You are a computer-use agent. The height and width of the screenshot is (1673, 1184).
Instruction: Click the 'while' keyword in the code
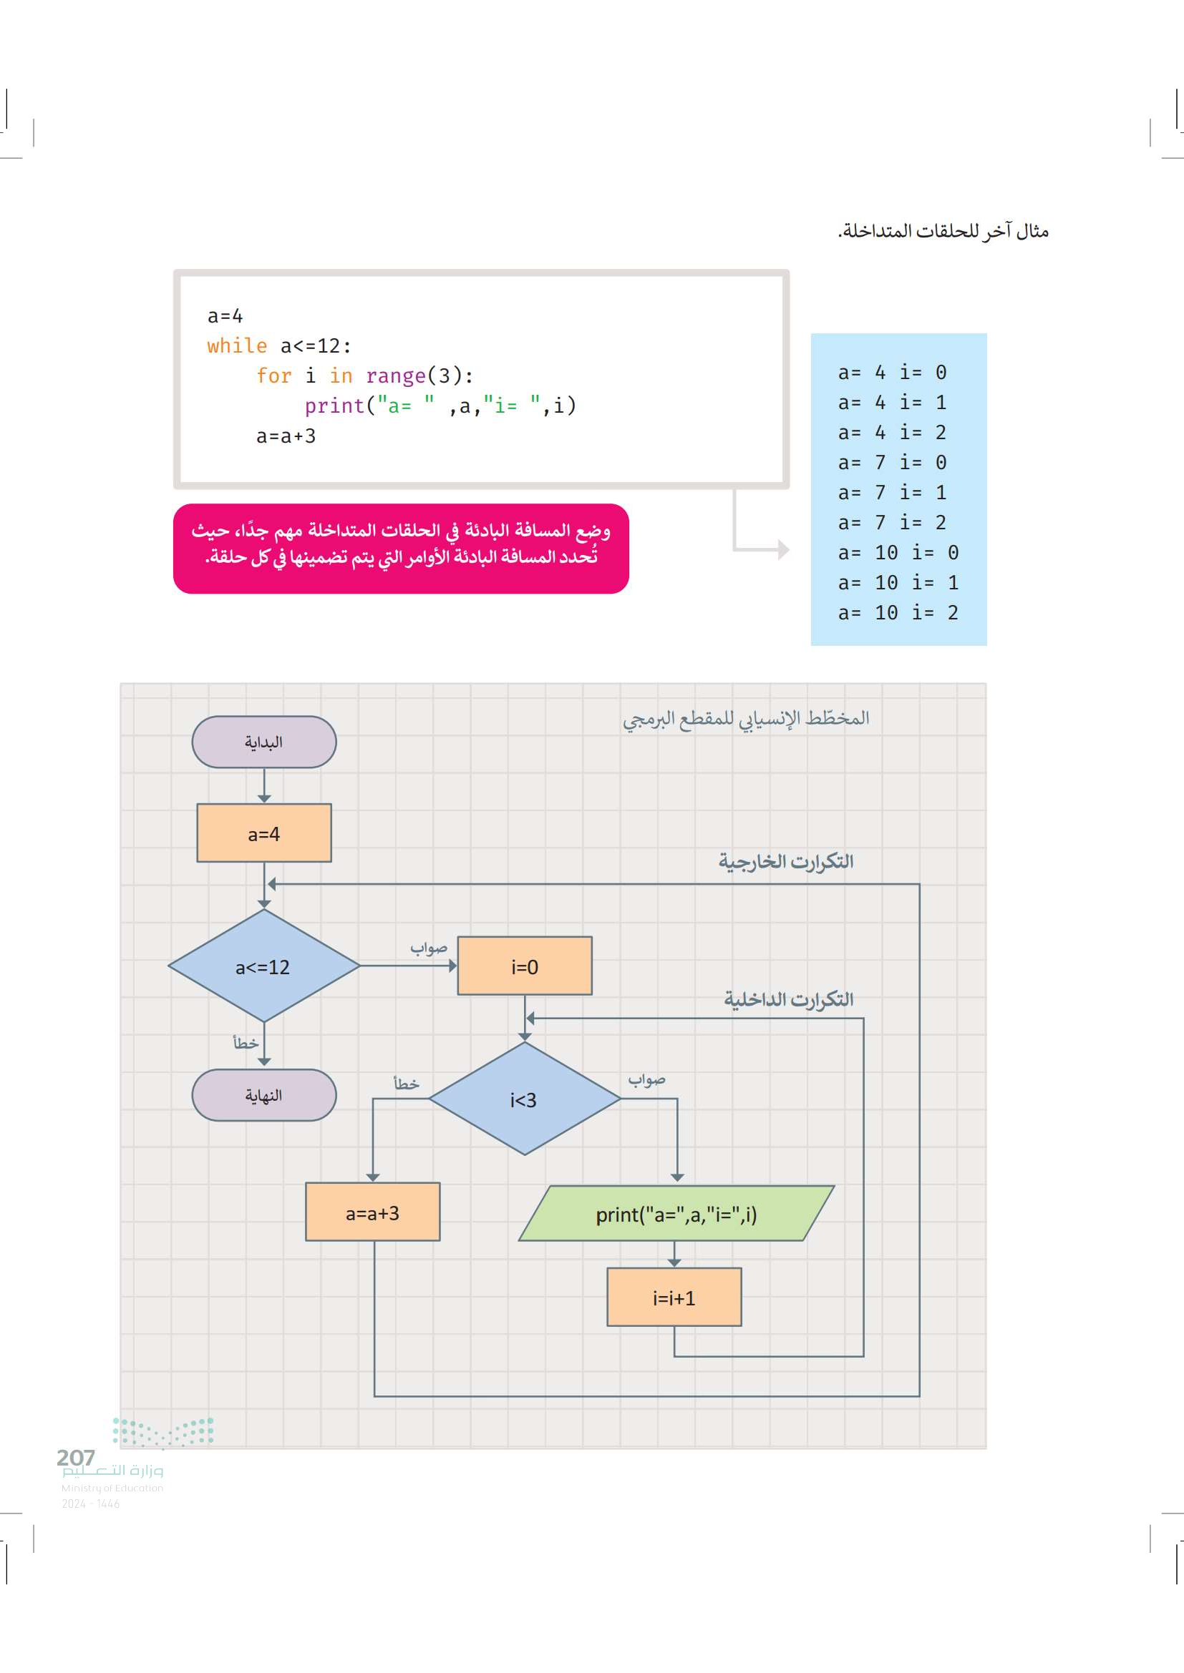[x=237, y=345]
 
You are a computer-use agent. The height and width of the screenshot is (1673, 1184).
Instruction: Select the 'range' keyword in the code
[x=395, y=376]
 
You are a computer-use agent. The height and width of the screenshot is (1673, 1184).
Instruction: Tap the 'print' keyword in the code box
[x=334, y=406]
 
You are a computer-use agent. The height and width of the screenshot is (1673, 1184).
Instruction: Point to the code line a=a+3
[x=286, y=436]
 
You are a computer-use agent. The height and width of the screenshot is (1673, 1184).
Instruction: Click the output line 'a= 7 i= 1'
[x=892, y=493]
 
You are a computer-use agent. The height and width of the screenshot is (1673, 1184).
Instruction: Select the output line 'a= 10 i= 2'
[x=898, y=613]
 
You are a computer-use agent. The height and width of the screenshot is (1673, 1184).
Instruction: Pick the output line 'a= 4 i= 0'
[x=892, y=373]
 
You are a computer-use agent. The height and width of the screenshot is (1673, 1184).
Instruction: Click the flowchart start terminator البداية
[x=264, y=742]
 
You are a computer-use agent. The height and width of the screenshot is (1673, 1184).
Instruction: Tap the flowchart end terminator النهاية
[x=264, y=1095]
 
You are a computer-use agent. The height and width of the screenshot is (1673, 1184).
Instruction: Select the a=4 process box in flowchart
[x=264, y=833]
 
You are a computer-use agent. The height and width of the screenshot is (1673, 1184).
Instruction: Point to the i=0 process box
[x=524, y=966]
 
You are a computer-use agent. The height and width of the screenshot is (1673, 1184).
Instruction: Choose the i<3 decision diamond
[x=524, y=1099]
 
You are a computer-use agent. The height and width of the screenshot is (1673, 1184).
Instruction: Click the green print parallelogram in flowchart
[x=676, y=1214]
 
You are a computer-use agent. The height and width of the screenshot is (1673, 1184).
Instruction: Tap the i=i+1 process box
[x=674, y=1297]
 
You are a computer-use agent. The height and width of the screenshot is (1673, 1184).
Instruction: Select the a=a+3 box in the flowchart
[x=372, y=1212]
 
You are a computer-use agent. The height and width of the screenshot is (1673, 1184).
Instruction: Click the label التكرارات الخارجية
[x=785, y=861]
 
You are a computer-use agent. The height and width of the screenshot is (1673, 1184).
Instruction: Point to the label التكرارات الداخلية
[x=788, y=999]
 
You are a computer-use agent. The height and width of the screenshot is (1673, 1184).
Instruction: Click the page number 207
[x=76, y=1457]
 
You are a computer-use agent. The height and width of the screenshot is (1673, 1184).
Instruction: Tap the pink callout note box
[x=401, y=548]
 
